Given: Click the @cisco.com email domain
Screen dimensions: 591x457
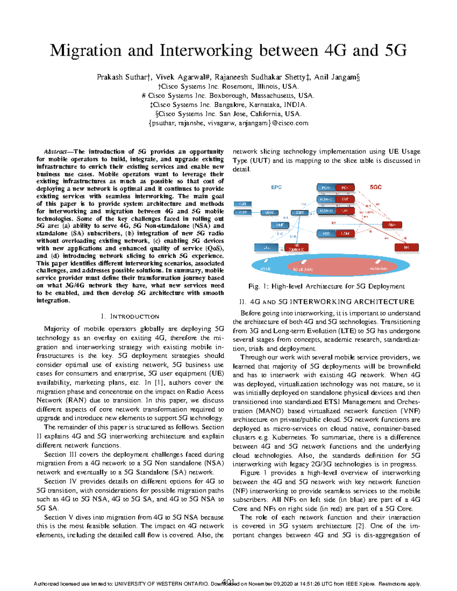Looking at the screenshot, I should [290, 123].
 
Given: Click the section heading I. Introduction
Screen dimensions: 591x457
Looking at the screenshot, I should [130, 317].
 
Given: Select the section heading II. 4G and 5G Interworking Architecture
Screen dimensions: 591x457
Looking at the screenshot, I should [326, 302].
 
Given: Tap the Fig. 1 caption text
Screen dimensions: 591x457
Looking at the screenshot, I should [326, 286].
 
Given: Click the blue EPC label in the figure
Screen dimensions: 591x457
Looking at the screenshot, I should [276, 187].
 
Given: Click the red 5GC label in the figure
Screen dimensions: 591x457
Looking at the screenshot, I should [376, 187].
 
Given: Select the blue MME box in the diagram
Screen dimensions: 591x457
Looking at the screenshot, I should [280, 225].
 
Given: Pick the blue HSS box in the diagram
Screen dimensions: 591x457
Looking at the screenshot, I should [326, 233].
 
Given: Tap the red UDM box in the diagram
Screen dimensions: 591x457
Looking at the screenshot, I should [345, 233].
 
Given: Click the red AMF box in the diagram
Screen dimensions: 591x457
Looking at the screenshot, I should [392, 225].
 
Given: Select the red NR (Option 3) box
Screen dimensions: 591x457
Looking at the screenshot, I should [297, 248].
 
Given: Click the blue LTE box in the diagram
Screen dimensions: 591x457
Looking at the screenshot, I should [266, 248].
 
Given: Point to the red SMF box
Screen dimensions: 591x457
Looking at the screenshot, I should [345, 199].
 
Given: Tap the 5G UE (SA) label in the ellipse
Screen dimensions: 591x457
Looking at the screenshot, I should [378, 269].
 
